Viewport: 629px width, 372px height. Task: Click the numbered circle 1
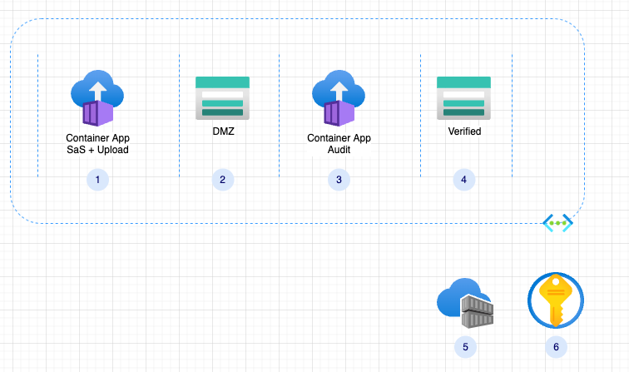(98, 179)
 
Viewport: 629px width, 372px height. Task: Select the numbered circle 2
(222, 179)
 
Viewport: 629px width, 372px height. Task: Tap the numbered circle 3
(338, 179)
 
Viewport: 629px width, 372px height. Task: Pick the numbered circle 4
(463, 179)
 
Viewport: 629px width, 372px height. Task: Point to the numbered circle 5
(465, 346)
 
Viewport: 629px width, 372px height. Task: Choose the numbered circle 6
(556, 346)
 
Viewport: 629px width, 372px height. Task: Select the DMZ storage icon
(222, 97)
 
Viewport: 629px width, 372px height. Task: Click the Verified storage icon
(463, 97)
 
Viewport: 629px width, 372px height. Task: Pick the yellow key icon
(556, 300)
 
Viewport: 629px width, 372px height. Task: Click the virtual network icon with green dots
(557, 223)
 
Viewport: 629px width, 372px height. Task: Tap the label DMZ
(222, 131)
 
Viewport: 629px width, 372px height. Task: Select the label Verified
(464, 131)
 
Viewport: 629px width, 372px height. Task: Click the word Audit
(339, 150)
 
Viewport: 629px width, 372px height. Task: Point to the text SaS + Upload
(98, 150)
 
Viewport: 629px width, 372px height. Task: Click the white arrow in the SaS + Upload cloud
(98, 88)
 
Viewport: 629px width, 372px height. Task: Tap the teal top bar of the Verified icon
(463, 82)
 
